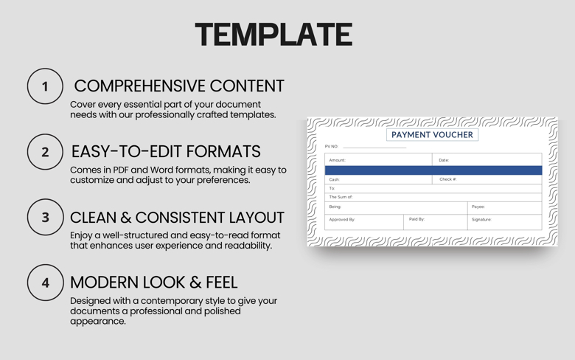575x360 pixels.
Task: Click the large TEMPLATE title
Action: point(273,35)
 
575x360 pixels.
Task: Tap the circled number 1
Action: point(45,86)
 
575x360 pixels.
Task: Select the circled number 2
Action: point(45,152)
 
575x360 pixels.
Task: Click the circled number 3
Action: point(45,218)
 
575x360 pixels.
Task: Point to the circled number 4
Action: point(45,283)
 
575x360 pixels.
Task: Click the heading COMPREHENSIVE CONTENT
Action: point(179,86)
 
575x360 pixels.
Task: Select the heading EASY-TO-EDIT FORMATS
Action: point(166,151)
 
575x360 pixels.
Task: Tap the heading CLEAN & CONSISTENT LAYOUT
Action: point(177,218)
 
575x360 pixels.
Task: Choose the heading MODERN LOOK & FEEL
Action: point(153,282)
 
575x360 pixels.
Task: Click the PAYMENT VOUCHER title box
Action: point(432,135)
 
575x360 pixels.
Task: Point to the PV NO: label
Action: point(332,147)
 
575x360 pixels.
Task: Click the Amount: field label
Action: point(337,160)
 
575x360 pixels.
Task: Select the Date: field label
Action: point(444,160)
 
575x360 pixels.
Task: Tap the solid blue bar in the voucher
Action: point(433,170)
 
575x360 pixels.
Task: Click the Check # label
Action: point(447,179)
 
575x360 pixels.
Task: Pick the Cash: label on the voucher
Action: point(335,179)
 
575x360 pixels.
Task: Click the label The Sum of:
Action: point(341,197)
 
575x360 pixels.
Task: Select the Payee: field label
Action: point(478,207)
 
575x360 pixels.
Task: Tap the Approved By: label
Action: point(342,220)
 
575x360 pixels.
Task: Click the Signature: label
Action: point(481,220)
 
